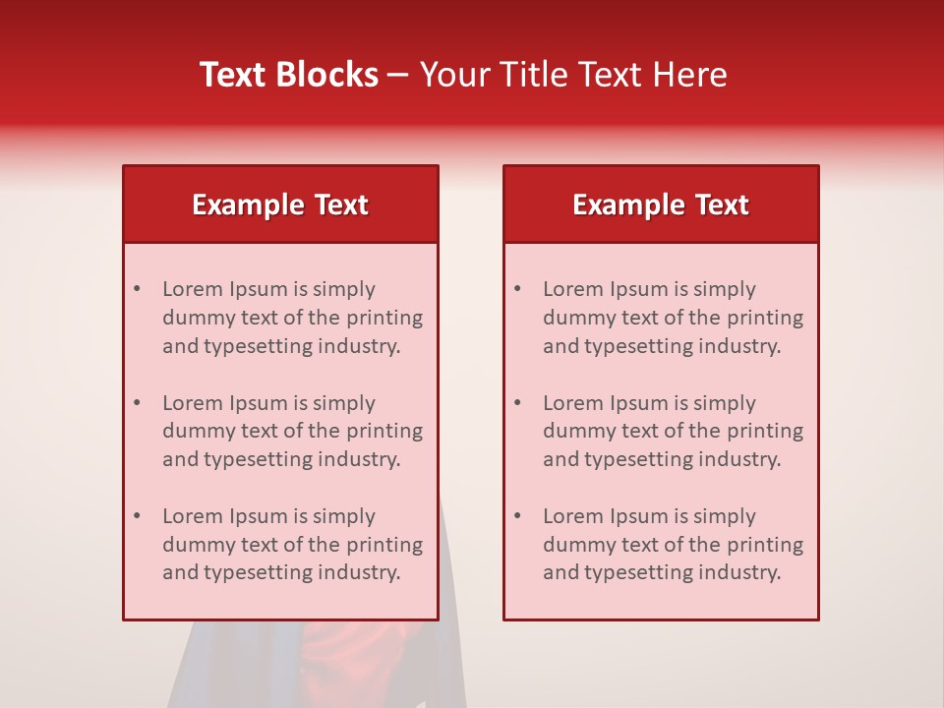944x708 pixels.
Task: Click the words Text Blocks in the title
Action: click(289, 75)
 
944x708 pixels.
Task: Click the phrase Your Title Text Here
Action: click(573, 75)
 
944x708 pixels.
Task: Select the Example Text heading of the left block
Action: click(280, 205)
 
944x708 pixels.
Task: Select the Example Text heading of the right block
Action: click(661, 205)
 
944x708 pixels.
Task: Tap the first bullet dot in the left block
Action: click(137, 289)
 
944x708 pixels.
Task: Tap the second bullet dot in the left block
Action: click(137, 403)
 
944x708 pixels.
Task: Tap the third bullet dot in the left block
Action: click(137, 516)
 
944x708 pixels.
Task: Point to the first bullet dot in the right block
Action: click(517, 289)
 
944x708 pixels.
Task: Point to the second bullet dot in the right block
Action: click(517, 403)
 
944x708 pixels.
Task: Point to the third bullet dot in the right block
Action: click(517, 516)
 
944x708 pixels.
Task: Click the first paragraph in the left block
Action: click(292, 318)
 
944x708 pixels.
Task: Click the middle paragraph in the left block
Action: click(292, 431)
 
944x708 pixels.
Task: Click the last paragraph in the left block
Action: click(292, 545)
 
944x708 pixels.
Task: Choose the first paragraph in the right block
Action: click(673, 318)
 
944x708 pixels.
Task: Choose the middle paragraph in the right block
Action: click(673, 431)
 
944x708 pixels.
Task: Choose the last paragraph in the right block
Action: click(673, 545)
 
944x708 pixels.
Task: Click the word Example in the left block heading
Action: click(248, 205)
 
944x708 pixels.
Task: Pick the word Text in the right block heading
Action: click(722, 205)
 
